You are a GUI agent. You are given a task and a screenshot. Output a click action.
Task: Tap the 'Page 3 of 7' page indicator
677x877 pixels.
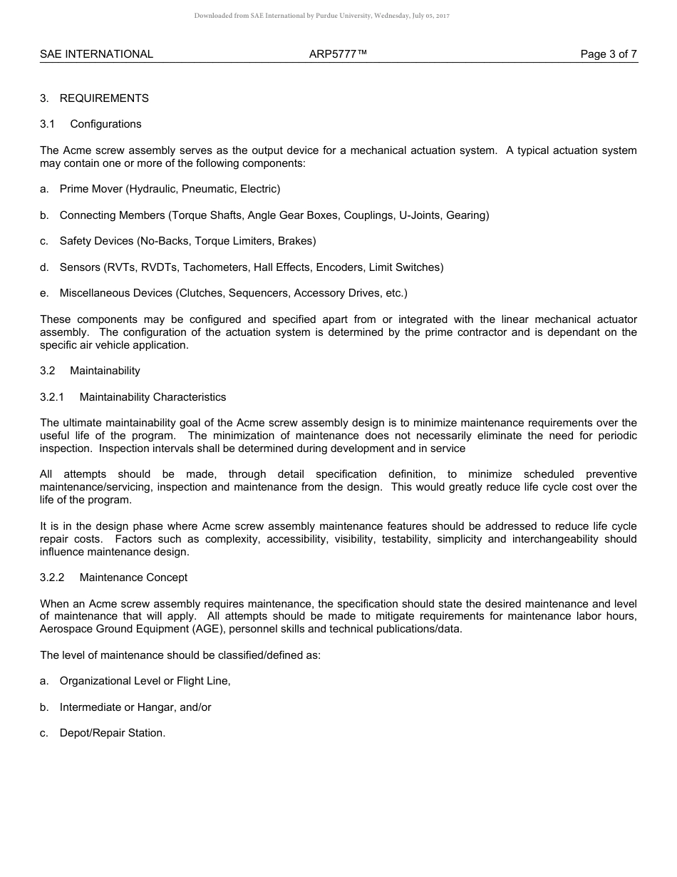609,54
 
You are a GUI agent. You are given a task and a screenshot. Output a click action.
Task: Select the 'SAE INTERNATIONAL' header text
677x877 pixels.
96,54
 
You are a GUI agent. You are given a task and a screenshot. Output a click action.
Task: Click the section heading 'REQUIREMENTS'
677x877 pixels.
104,98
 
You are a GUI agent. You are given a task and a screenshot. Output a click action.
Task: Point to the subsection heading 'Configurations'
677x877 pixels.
105,124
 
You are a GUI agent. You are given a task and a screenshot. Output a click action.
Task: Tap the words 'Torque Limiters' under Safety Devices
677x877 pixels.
233,241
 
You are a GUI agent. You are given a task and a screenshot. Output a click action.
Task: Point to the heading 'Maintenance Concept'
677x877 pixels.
133,577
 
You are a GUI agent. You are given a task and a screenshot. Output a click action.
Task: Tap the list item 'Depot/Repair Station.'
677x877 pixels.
112,733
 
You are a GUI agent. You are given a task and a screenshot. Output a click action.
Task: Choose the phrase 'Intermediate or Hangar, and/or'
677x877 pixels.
135,707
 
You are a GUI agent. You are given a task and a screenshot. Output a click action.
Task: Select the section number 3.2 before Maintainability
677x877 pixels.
48,371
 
